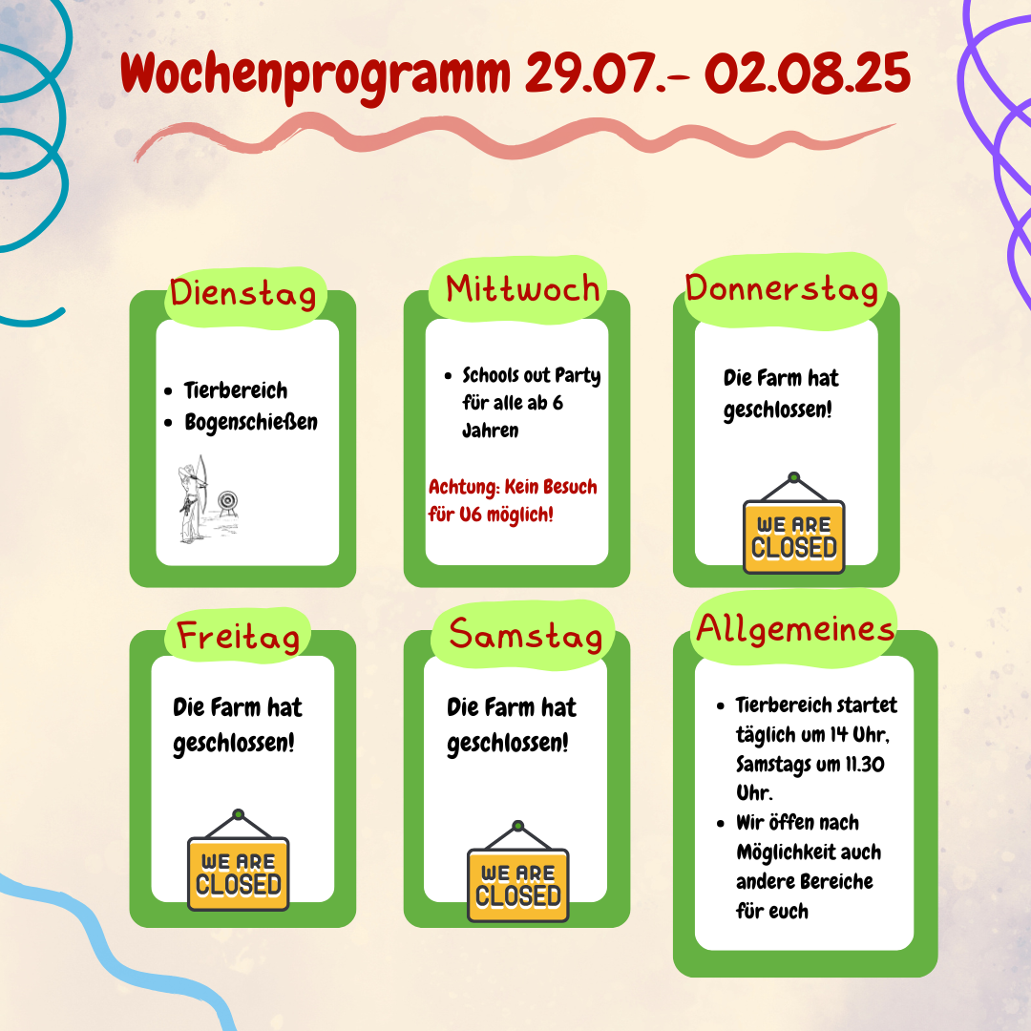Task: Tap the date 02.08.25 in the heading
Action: tap(808, 73)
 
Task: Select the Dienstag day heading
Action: tap(243, 293)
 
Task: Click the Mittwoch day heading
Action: tap(523, 289)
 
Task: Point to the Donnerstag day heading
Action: tap(782, 289)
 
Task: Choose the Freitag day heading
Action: tap(238, 637)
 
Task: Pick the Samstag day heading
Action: tap(525, 635)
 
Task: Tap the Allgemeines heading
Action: tap(795, 628)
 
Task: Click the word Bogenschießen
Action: tap(251, 422)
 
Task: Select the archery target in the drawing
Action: tap(227, 502)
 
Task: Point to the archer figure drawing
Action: tap(193, 499)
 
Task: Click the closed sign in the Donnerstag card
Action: tap(793, 523)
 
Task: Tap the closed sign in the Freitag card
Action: tap(238, 860)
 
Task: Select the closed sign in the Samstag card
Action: tap(518, 872)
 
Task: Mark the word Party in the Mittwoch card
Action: tap(578, 376)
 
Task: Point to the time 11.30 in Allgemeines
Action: tap(865, 764)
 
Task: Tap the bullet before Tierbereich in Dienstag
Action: tap(168, 391)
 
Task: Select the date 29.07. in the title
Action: tap(588, 73)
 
